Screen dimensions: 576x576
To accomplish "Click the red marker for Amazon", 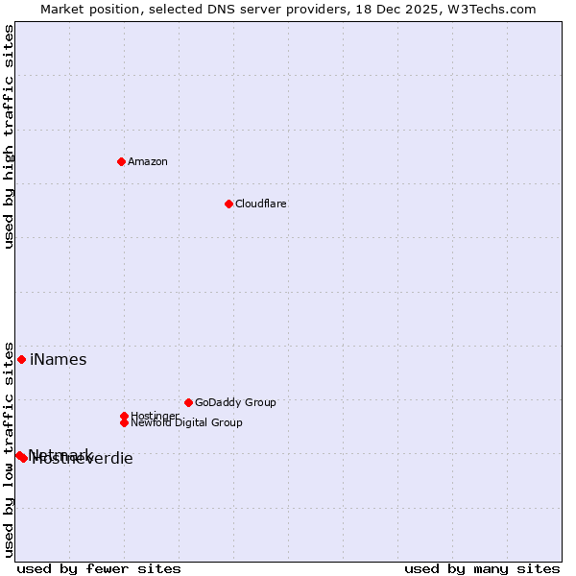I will [121, 161].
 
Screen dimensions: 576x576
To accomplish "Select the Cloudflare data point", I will [228, 204].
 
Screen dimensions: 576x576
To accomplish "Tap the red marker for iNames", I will [21, 359].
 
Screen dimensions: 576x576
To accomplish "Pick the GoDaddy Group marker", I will [188, 402].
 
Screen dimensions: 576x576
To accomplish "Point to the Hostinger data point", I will [124, 416].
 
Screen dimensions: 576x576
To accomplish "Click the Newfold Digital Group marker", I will [124, 422].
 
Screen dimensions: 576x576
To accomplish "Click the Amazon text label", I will [147, 161].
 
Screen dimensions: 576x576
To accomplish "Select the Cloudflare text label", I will [260, 204].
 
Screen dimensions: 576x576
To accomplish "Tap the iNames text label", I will [58, 360].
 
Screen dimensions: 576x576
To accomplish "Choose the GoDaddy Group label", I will [235, 402].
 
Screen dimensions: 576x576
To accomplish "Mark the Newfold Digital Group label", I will [186, 422].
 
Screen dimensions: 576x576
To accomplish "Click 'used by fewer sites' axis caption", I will [99, 568].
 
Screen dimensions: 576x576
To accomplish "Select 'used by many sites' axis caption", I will [482, 568].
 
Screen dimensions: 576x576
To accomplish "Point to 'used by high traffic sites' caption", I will [10, 136].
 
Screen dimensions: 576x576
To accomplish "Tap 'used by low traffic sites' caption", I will [10, 448].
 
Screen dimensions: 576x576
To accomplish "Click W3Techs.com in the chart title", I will [491, 9].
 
